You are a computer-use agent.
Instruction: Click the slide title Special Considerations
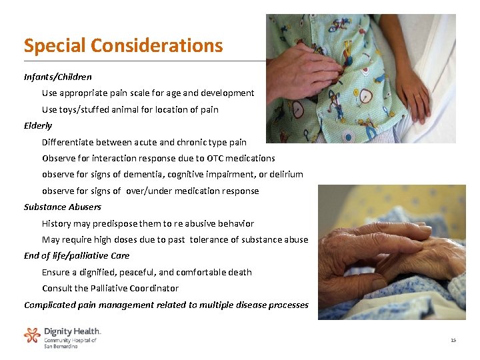(123, 45)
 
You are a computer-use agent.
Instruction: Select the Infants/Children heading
(58, 77)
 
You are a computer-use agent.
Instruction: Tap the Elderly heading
(38, 125)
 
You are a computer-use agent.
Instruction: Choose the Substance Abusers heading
(63, 207)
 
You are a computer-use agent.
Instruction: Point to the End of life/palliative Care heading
(77, 255)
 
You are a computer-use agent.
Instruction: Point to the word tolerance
(211, 239)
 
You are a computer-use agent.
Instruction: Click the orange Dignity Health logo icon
(32, 335)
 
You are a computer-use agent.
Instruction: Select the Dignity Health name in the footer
(72, 331)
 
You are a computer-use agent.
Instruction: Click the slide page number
(453, 340)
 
